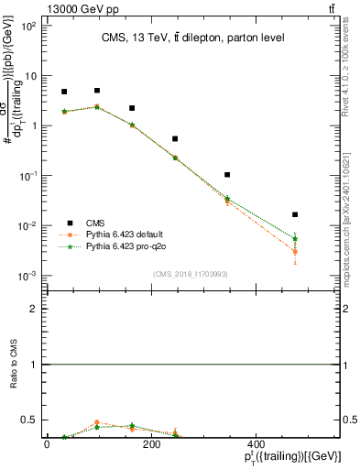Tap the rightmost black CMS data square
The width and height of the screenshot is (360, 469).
(295, 214)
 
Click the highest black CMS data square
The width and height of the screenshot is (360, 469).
(97, 91)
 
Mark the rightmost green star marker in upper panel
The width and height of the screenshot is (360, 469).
(295, 238)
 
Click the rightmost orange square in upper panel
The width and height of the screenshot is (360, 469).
(295, 251)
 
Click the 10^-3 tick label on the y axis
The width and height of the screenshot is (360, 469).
(27, 276)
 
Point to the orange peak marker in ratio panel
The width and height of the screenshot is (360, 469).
(97, 422)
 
